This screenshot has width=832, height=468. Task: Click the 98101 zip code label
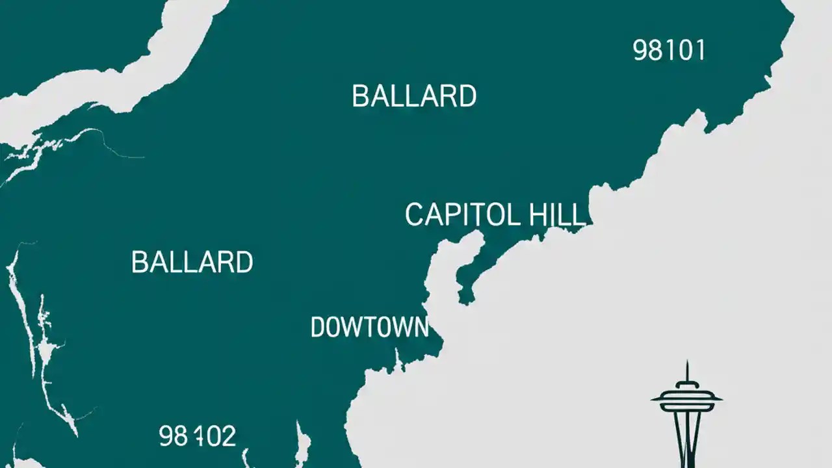coord(669,51)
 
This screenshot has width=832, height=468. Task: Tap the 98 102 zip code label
coord(198,436)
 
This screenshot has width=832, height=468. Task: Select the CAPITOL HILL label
coord(495,215)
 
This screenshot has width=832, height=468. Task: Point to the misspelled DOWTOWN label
coord(369,327)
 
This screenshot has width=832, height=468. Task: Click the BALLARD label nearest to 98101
coord(414,96)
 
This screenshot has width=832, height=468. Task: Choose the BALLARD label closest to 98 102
coord(192,262)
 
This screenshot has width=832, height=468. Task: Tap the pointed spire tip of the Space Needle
coord(686,364)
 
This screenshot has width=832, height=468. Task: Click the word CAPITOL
coord(462,215)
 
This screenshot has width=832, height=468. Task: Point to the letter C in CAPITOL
coord(415,215)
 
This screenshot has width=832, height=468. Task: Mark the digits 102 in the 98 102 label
coord(216,436)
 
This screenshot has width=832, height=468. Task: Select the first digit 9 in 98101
coord(640,51)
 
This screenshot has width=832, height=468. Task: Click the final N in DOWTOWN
coord(421,327)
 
